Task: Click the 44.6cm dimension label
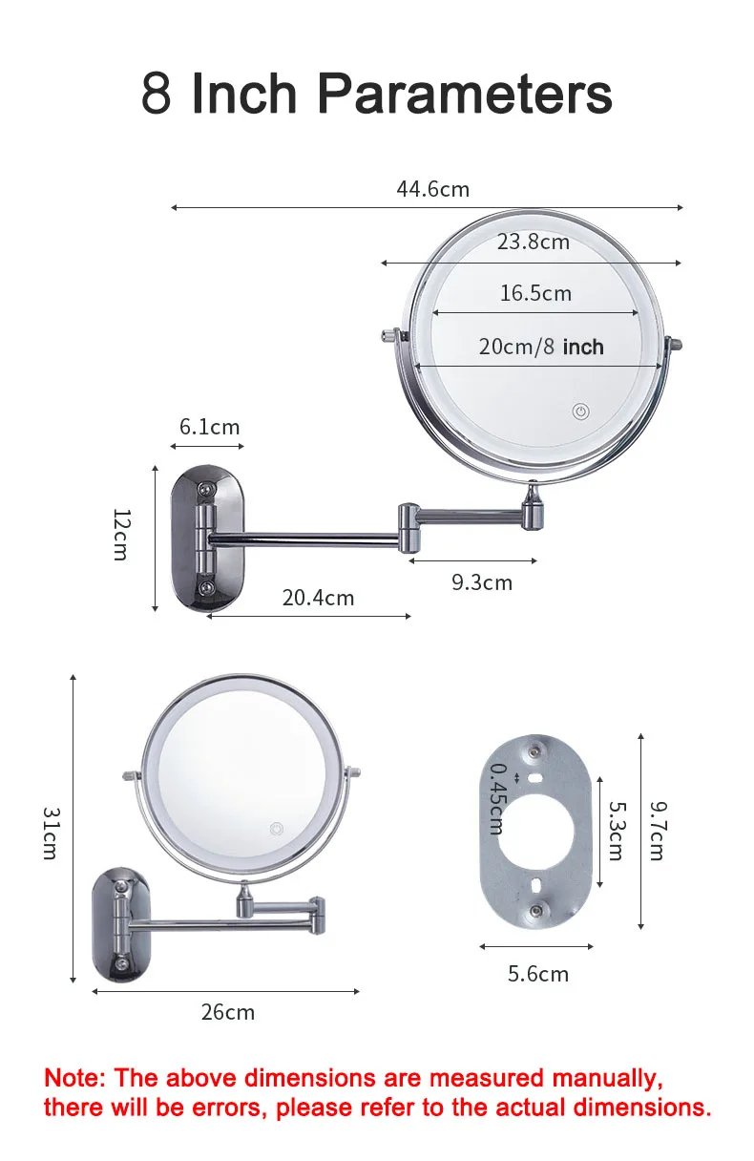[x=432, y=189]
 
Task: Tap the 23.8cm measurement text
[x=533, y=242]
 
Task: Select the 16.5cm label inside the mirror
[x=535, y=293]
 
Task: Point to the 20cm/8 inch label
[x=540, y=347]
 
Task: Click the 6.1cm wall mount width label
[x=209, y=427]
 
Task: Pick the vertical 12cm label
[x=120, y=535]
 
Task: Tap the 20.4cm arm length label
[x=318, y=598]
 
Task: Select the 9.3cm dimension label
[x=481, y=582]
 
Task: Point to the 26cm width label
[x=227, y=1012]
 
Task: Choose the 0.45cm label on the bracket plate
[x=497, y=798]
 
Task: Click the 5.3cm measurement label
[x=616, y=831]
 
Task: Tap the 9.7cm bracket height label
[x=657, y=831]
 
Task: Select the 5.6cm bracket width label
[x=537, y=974]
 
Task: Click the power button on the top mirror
[x=580, y=412]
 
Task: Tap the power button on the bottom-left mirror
[x=277, y=828]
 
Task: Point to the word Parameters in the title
[x=464, y=94]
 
